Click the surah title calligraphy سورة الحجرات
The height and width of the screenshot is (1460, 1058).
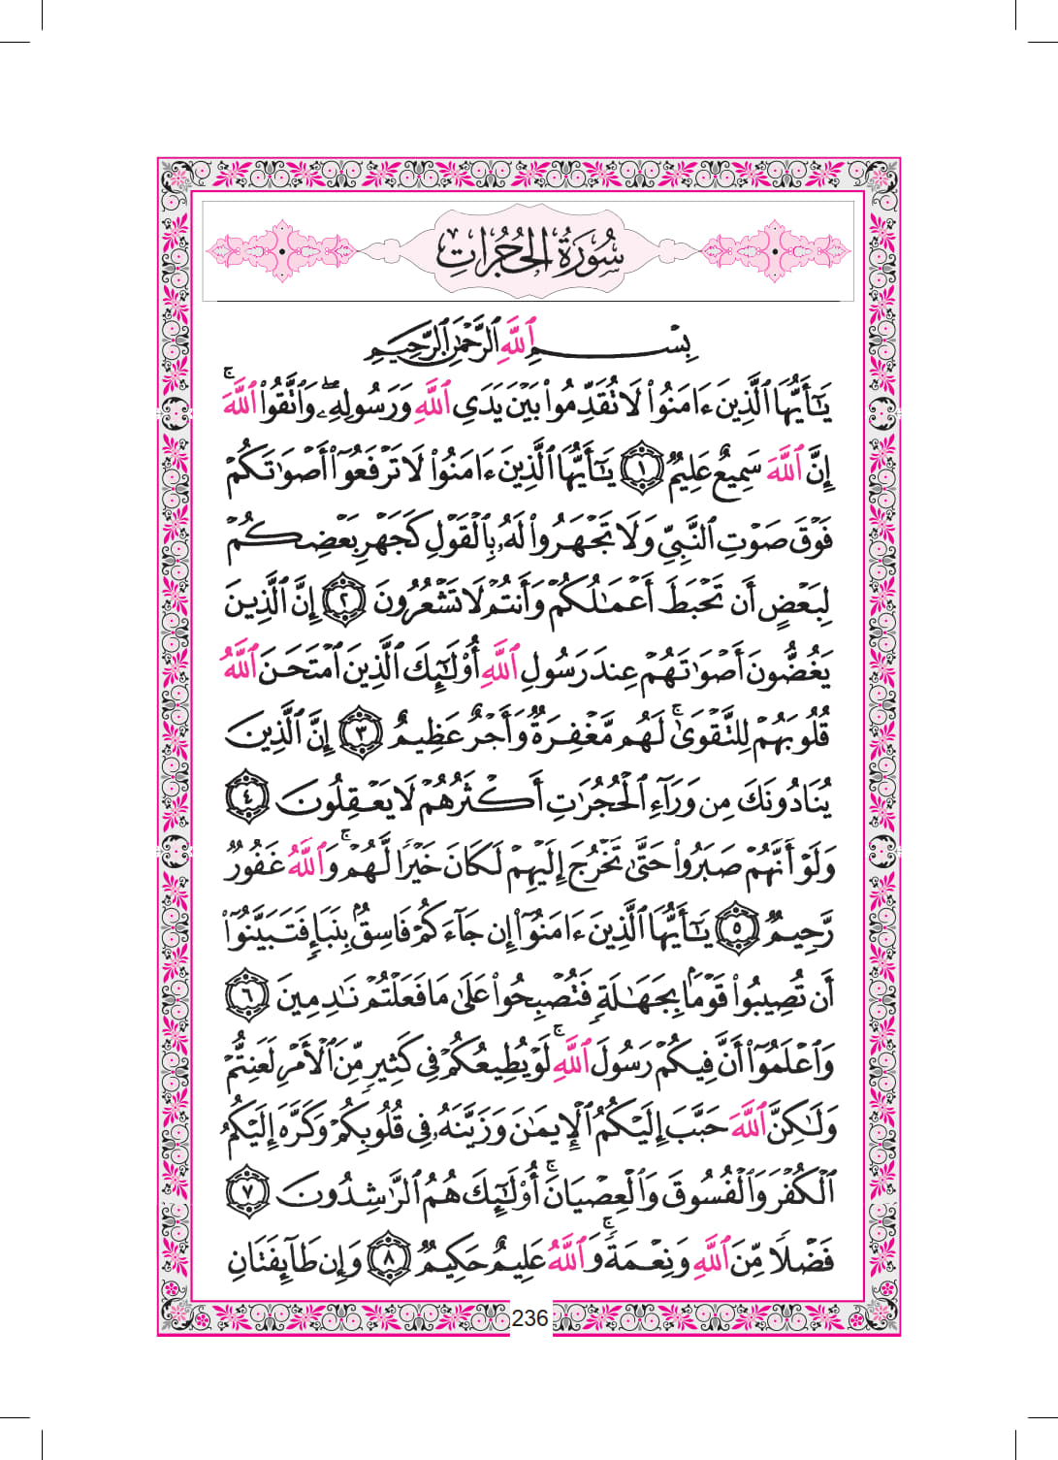(529, 251)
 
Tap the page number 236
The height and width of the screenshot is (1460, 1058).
(529, 1317)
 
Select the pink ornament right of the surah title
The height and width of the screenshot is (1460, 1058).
(776, 251)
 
